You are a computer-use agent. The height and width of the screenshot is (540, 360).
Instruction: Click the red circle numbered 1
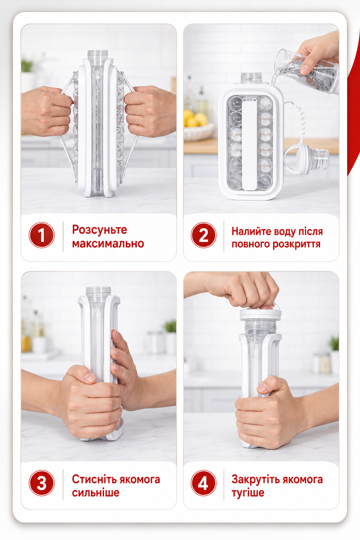pos(42,235)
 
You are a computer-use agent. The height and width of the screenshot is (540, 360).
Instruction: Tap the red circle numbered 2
pos(204,235)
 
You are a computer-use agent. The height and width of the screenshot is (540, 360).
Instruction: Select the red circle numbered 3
pos(42,483)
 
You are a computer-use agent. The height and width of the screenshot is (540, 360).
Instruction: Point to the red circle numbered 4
pos(204,483)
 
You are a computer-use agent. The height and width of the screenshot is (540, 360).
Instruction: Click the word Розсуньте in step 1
pos(99,230)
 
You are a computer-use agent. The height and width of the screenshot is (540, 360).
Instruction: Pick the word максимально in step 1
pos(108,244)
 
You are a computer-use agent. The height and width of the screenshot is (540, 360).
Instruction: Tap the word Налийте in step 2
pos(250,231)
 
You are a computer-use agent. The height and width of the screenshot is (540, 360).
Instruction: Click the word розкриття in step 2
pos(297,244)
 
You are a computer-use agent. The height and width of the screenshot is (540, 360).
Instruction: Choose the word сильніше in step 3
pos(96,493)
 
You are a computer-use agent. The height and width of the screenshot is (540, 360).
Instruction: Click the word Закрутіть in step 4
pos(255,479)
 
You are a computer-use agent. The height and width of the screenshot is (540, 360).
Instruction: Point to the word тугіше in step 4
pos(248,493)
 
